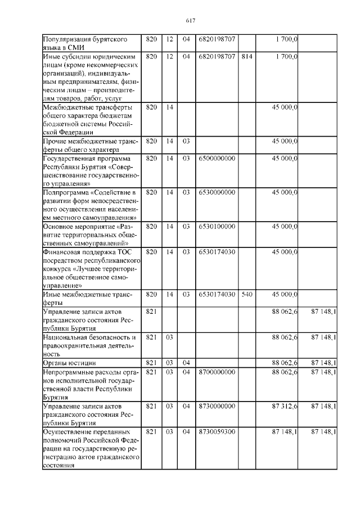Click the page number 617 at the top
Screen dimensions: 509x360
(x=190, y=21)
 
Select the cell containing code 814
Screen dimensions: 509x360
(x=246, y=57)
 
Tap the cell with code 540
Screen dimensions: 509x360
(x=246, y=294)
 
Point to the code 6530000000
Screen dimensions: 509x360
(x=217, y=192)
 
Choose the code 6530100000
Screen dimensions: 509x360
(x=217, y=226)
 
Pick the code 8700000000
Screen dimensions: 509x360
(x=217, y=372)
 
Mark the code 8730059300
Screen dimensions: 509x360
(x=217, y=431)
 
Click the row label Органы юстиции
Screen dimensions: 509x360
(x=70, y=363)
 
